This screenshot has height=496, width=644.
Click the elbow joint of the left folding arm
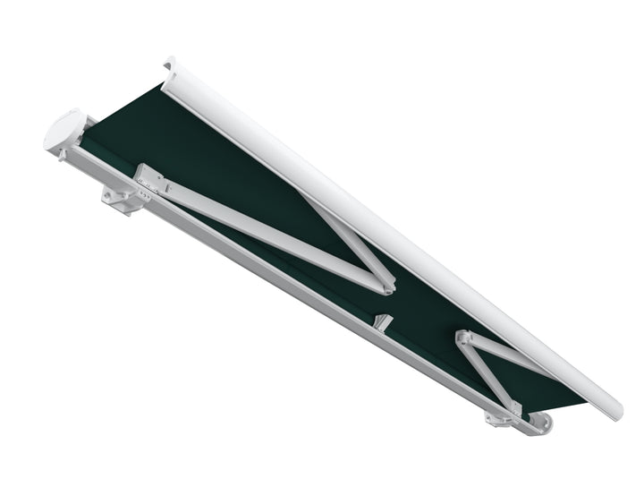(385, 285)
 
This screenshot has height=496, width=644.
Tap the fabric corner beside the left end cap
(89, 134)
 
